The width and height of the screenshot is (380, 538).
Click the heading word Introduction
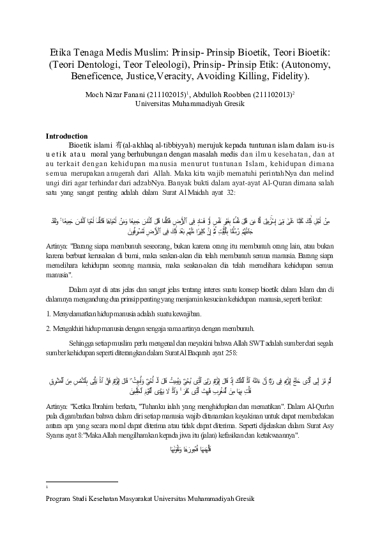[x=66, y=136]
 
